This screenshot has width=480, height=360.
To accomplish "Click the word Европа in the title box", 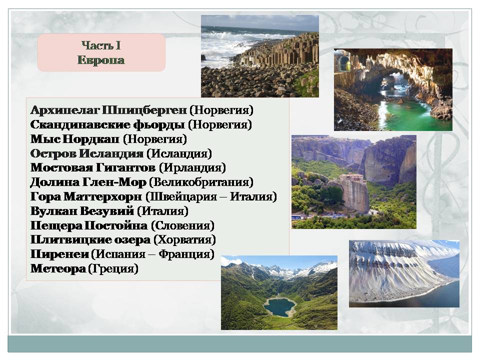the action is point(101,59).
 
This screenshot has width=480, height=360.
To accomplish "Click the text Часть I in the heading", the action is point(101,45).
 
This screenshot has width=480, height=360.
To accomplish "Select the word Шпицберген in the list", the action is point(144,110).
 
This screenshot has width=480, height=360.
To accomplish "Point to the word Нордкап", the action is point(90,139).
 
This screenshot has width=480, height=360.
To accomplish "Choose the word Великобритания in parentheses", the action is point(201,182).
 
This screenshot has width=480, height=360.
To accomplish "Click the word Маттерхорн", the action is point(102,196).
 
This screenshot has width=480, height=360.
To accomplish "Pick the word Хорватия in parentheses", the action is point(184,239).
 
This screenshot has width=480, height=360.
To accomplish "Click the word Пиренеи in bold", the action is point(59,254).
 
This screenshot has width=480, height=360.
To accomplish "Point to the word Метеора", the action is point(58,268).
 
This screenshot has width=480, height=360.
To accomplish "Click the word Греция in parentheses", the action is point(113,268).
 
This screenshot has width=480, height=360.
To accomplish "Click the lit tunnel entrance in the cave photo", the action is point(344,62).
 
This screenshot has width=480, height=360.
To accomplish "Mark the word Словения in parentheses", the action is point(183,225).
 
